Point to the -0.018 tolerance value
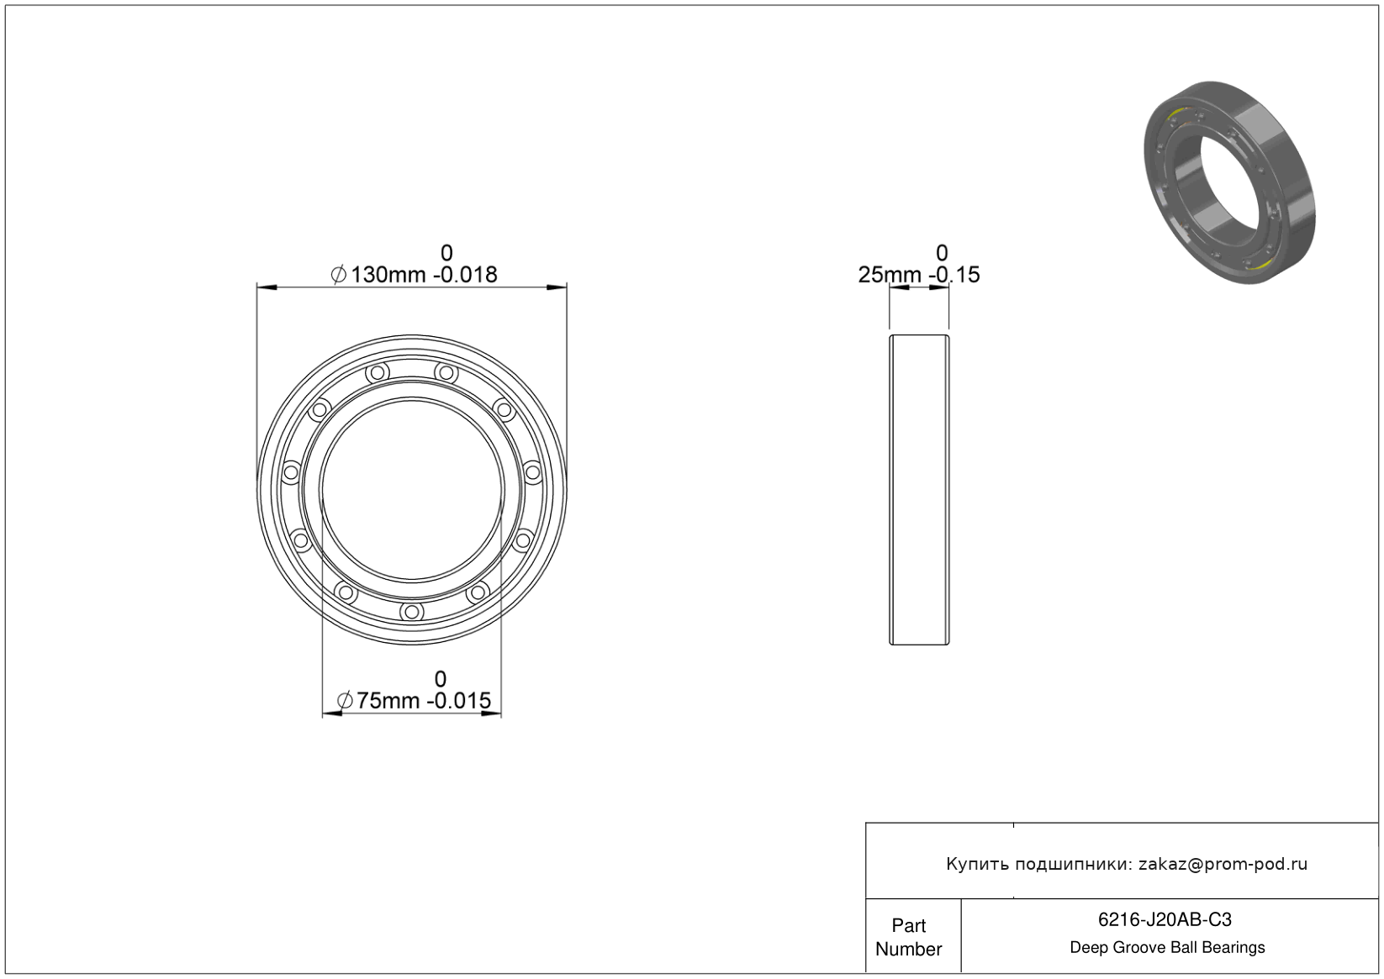[x=465, y=275]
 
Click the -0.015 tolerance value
[x=462, y=701]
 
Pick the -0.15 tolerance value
[x=957, y=275]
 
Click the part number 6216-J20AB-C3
[x=1165, y=920]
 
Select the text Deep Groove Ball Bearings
[x=1167, y=948]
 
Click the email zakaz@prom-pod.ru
[x=1223, y=864]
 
